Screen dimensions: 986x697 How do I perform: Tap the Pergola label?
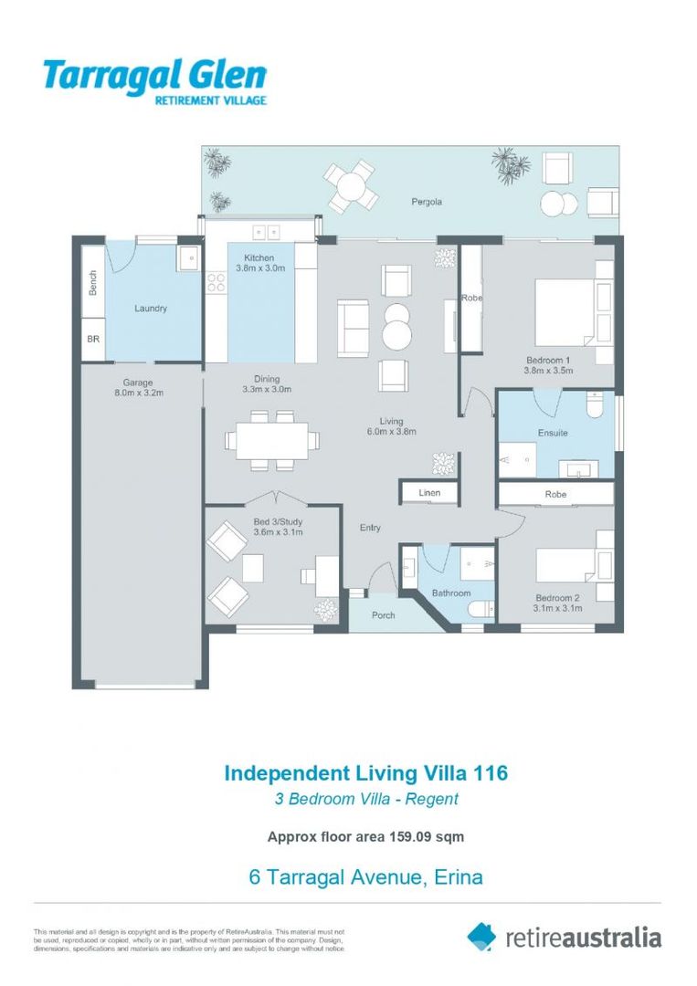point(426,201)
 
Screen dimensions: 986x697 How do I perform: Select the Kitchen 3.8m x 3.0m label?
point(261,264)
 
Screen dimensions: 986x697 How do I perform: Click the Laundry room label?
point(151,309)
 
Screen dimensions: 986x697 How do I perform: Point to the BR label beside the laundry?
point(93,338)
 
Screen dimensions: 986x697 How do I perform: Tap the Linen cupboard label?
point(429,493)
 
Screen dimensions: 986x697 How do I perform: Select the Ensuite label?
point(553,433)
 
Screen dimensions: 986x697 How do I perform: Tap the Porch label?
point(384,615)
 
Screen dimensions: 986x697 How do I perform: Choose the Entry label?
point(370,528)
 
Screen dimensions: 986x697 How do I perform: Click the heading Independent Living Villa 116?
point(365,773)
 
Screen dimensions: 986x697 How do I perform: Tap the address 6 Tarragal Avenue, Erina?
point(365,878)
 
